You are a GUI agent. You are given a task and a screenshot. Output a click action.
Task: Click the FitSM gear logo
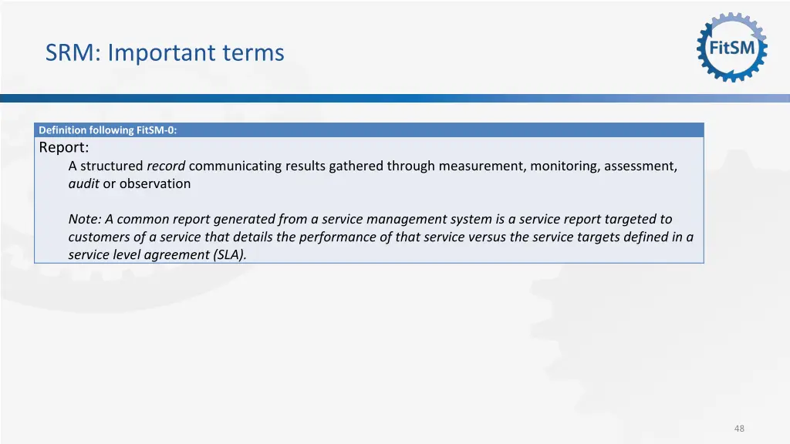click(731, 48)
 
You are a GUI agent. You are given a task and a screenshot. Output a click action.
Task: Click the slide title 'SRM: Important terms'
click(164, 53)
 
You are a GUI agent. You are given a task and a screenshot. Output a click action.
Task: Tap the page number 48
click(740, 429)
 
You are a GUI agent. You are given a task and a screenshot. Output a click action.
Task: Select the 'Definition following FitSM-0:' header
click(107, 130)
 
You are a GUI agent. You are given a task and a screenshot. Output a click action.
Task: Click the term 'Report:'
click(64, 147)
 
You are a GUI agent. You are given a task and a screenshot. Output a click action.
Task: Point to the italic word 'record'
click(166, 166)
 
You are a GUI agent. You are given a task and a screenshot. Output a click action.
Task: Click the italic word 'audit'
click(83, 183)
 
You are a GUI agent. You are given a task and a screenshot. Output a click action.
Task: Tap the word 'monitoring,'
click(565, 166)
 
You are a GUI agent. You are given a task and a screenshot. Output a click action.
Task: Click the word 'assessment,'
click(641, 166)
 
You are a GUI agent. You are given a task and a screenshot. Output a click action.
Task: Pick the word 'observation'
click(155, 183)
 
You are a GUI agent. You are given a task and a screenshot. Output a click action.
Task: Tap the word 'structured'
click(112, 166)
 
